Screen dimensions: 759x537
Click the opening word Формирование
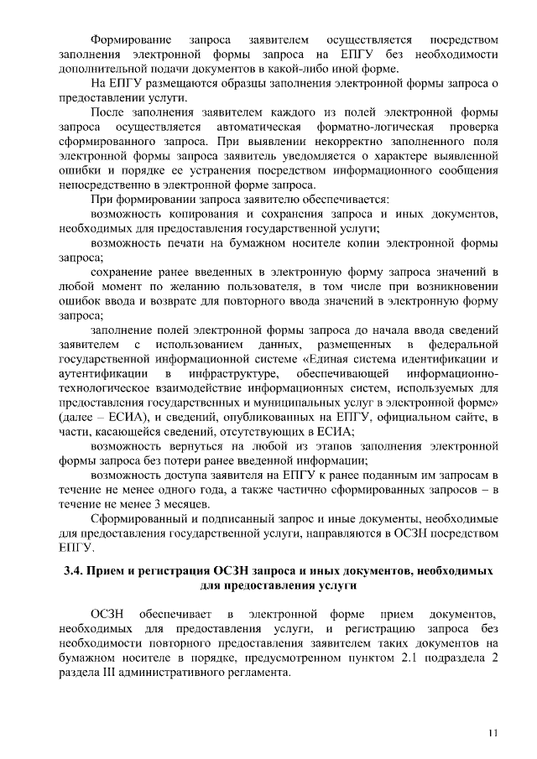coord(132,39)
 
